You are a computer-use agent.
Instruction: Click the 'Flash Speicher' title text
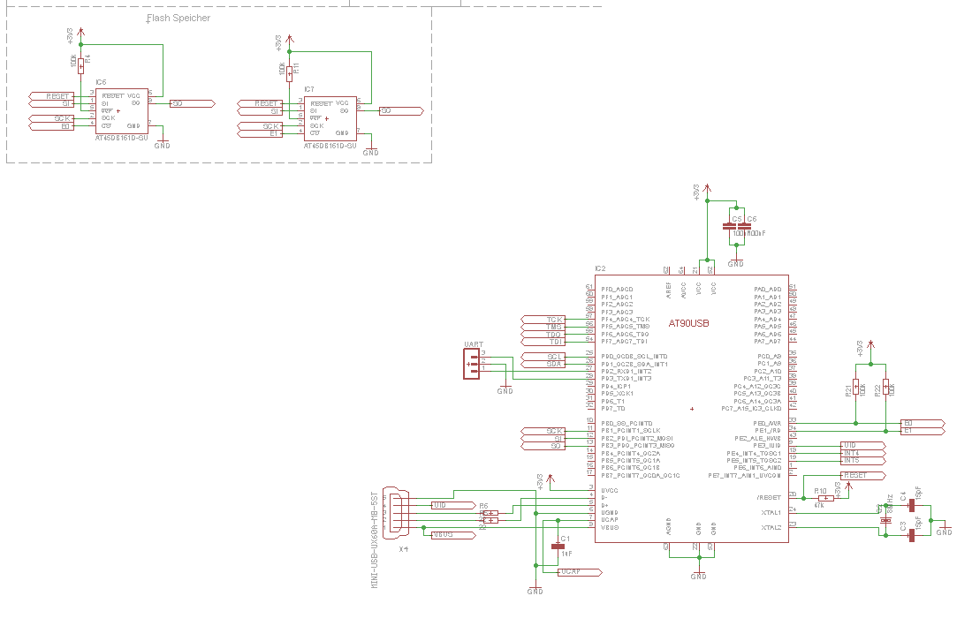tap(178, 18)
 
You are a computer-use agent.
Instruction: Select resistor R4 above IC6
tap(80, 65)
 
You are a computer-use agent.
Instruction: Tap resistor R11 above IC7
tap(289, 72)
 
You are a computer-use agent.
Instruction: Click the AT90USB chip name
tap(689, 323)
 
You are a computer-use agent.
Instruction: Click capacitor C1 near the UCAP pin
tap(558, 546)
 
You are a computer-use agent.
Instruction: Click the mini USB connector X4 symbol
tap(399, 515)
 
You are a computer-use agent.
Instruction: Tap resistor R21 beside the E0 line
tap(855, 388)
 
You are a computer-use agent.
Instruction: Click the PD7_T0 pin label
tap(613, 408)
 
